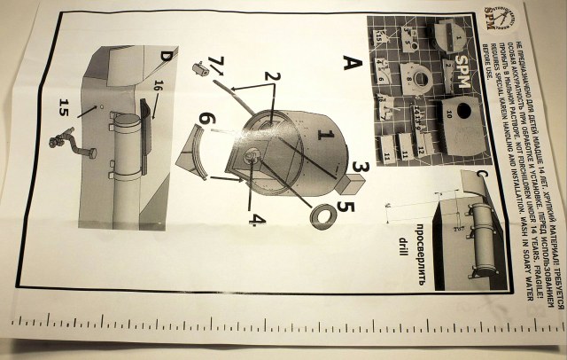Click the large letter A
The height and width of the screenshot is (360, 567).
tap(351, 64)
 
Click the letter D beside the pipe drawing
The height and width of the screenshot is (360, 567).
tap(166, 58)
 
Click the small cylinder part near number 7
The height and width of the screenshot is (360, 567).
tap(197, 68)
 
